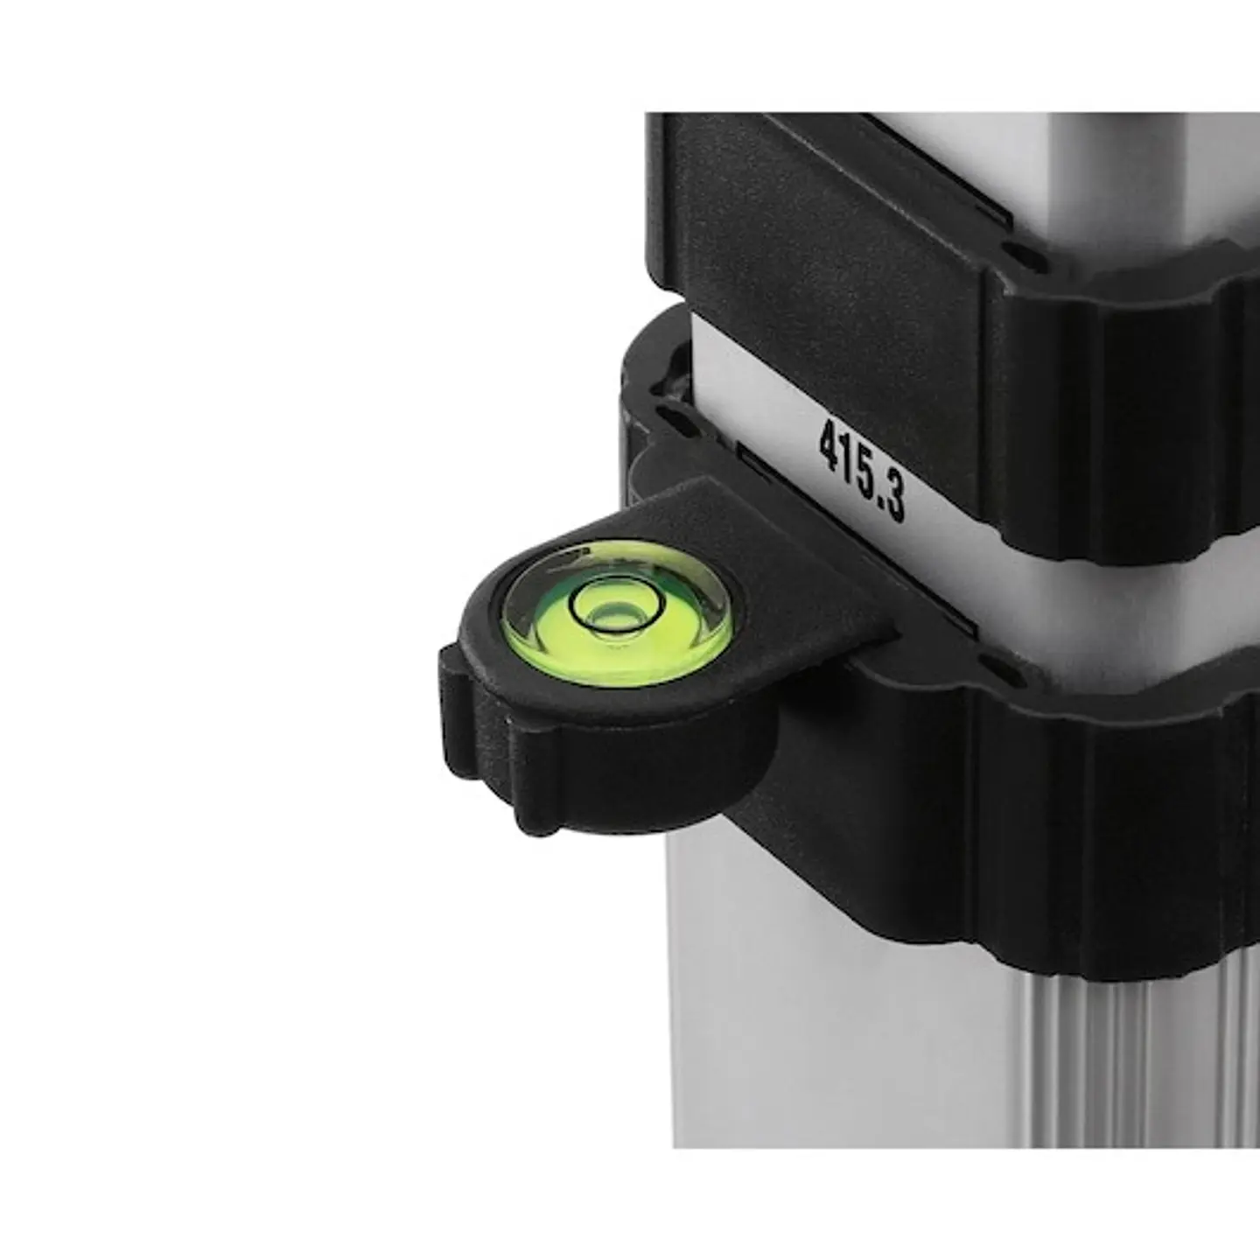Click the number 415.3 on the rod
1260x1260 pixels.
tap(862, 470)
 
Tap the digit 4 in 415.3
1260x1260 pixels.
tap(829, 444)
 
